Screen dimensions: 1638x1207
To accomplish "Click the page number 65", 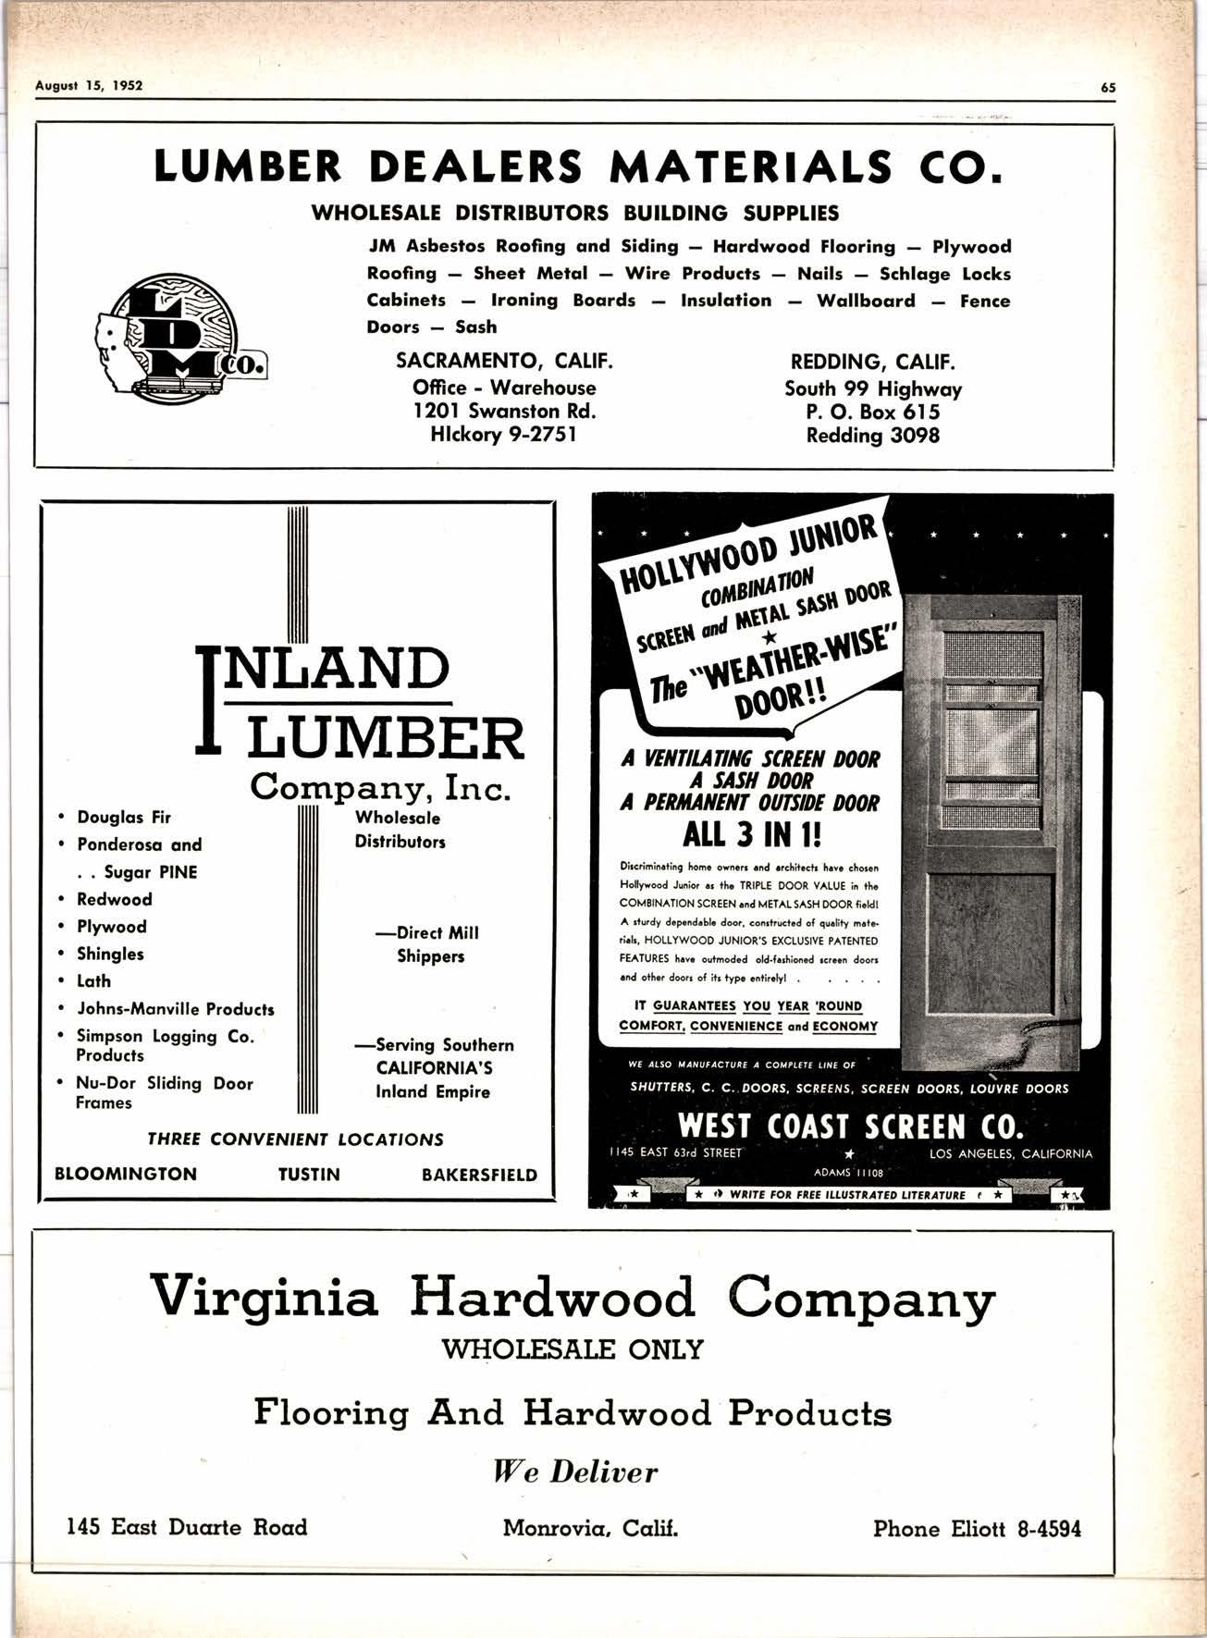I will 1108,88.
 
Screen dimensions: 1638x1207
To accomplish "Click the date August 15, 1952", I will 89,86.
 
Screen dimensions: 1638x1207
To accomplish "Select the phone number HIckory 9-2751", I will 504,435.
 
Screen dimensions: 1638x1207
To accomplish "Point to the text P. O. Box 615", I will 872,412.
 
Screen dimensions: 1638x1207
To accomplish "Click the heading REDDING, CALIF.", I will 872,362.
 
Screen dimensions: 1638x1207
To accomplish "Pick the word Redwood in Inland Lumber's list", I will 114,899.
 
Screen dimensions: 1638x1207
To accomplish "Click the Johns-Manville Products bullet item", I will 175,1008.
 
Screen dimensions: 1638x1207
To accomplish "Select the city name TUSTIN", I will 309,1175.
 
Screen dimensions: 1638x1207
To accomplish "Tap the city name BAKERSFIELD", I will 479,1175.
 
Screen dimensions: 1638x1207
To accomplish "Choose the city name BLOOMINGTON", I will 126,1175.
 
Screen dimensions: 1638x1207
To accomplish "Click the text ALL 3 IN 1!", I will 750,835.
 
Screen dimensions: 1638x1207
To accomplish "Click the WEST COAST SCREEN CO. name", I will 850,1127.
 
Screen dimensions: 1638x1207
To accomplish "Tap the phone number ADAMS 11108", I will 848,1172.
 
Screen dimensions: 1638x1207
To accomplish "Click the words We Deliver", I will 575,1472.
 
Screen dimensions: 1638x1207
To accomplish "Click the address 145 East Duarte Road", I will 187,1527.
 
